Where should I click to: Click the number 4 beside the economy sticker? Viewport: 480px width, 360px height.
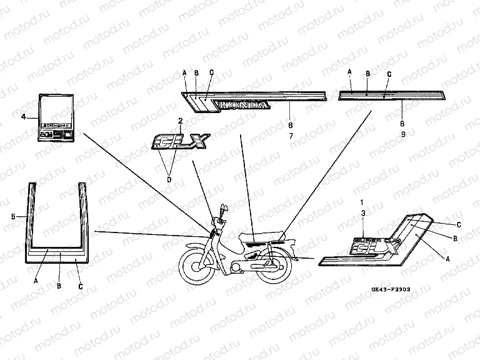point(23,117)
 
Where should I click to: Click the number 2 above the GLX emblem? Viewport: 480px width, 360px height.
point(180,120)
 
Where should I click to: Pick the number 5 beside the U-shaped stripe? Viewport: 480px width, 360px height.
point(13,216)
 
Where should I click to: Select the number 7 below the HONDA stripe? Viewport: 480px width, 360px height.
point(289,135)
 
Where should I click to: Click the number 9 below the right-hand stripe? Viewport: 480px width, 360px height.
point(402,134)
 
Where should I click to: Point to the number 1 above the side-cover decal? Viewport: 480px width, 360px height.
point(361,203)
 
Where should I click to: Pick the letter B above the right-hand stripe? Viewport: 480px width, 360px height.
point(367,73)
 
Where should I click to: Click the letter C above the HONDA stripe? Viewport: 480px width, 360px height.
point(211,73)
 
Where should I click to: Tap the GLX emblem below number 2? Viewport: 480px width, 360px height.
point(177,142)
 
